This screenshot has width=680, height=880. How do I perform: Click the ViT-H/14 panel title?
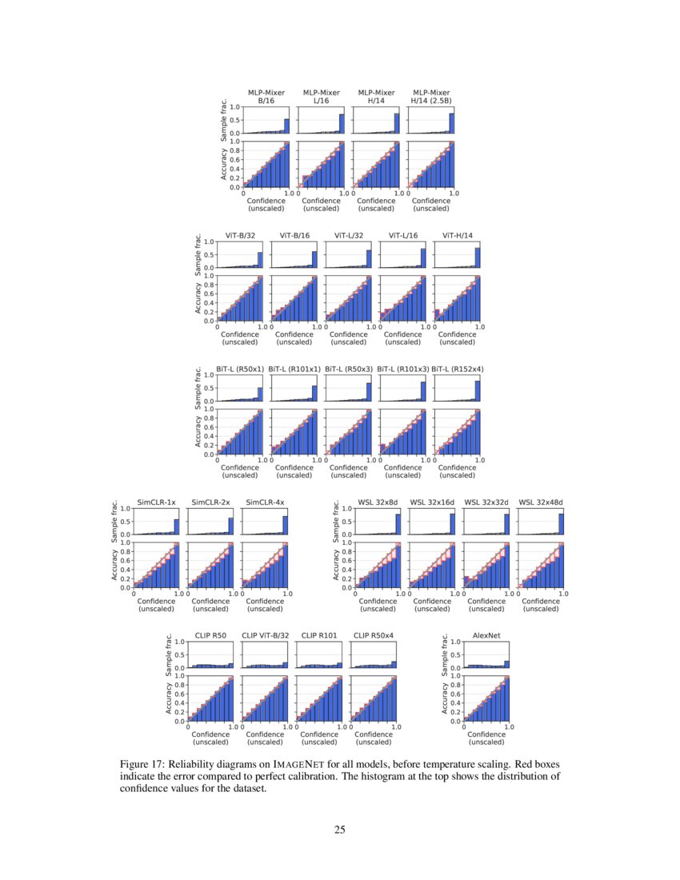[457, 235]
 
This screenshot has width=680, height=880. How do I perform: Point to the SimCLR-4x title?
[264, 502]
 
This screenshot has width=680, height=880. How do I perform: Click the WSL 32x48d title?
[541, 502]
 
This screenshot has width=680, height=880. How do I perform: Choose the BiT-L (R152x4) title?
[457, 369]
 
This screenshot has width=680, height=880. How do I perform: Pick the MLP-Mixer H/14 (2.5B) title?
[430, 97]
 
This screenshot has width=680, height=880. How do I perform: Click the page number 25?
[340, 830]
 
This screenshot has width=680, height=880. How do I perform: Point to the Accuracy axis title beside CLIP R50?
[169, 698]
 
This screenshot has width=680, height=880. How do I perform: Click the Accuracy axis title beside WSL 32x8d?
[338, 564]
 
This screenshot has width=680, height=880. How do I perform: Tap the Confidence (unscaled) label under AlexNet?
[486, 737]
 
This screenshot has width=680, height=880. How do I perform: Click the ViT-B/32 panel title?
[240, 235]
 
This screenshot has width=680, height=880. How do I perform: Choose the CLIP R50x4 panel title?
[374, 634]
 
